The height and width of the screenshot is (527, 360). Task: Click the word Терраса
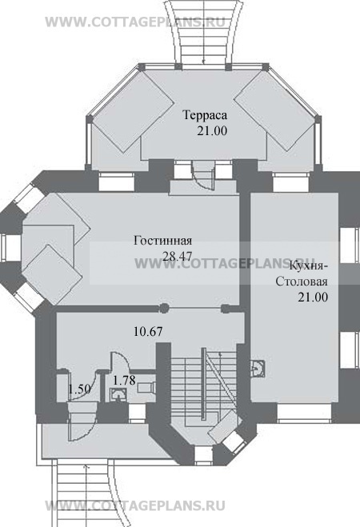[205, 115]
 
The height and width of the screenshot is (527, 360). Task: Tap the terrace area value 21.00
[212, 130]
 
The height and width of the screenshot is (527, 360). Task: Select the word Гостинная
[163, 241]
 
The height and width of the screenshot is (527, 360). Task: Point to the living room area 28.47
[177, 256]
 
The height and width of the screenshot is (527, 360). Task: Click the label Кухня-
[309, 265]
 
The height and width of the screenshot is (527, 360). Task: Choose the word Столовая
[302, 281]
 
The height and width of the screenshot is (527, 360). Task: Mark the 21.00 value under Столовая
[313, 297]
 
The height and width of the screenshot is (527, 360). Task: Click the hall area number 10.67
[148, 331]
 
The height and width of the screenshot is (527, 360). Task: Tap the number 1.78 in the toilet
[124, 381]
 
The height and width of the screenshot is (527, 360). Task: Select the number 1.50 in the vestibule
[79, 389]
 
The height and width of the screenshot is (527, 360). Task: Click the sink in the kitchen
[258, 368]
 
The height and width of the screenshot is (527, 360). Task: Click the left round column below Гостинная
[164, 308]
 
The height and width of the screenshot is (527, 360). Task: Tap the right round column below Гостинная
[226, 308]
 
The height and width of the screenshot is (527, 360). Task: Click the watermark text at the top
[135, 22]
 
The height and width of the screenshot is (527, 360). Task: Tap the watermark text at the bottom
[135, 505]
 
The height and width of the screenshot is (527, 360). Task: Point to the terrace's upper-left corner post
[141, 66]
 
